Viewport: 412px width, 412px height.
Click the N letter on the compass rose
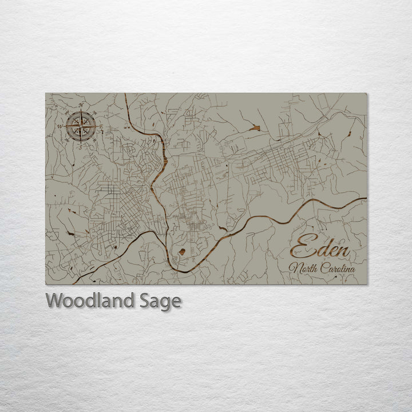(x=81, y=105)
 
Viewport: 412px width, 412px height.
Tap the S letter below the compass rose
(x=80, y=147)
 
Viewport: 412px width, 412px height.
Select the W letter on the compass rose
(x=60, y=126)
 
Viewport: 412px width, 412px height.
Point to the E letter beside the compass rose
(x=101, y=126)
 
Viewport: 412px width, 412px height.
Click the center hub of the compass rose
(x=81, y=126)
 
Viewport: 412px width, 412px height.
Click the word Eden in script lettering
(x=319, y=247)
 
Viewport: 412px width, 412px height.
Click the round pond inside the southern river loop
(x=181, y=251)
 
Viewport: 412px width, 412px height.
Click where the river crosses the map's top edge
(x=125, y=94)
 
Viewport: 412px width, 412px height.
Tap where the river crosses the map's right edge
(x=365, y=199)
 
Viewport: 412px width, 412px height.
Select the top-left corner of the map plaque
(x=46, y=93)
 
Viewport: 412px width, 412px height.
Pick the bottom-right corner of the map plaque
(x=366, y=284)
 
